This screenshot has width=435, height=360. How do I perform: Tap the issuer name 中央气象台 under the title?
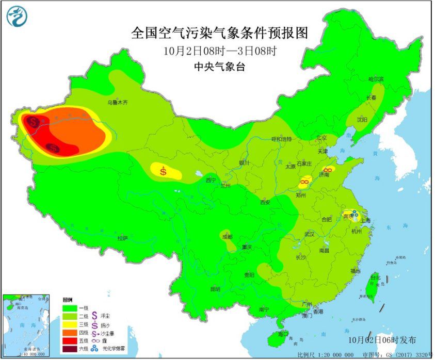[x=217, y=66]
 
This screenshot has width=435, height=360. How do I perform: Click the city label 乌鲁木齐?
[x=117, y=103]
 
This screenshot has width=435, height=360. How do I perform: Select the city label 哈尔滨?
[x=376, y=79]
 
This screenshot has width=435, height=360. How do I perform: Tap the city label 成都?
[x=227, y=237]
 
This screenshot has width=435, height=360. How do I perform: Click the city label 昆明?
[x=215, y=289]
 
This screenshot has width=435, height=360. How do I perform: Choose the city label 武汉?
[x=309, y=234]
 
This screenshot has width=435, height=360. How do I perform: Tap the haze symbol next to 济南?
[x=327, y=170]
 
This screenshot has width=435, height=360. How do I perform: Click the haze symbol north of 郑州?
[x=305, y=182]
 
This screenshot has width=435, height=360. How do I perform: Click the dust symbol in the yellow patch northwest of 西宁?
[x=164, y=171]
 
